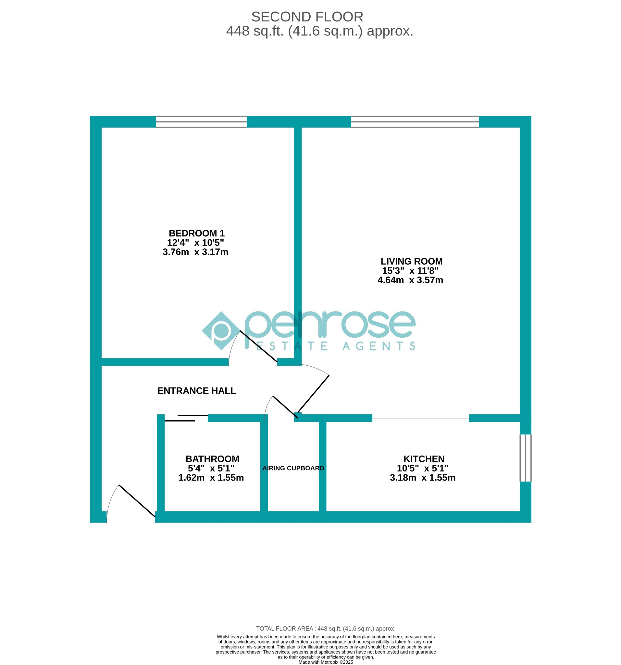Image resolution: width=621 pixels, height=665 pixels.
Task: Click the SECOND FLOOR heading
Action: (307, 17)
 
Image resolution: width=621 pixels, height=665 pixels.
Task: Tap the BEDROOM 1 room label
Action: (196, 233)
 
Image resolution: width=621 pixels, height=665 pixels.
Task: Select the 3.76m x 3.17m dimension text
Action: (195, 252)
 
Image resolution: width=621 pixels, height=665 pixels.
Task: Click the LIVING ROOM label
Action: (411, 261)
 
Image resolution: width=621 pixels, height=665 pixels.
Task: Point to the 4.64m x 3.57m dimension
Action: (410, 280)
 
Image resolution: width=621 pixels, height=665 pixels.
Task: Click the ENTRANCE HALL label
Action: (196, 391)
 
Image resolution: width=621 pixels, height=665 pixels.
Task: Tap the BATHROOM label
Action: (212, 459)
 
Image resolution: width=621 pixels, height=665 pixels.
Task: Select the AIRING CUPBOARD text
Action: (293, 468)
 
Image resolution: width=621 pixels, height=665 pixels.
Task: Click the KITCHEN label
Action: (424, 459)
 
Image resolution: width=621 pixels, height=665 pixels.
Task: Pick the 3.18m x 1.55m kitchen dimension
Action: (422, 478)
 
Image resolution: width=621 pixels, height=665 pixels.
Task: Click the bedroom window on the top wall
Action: (201, 122)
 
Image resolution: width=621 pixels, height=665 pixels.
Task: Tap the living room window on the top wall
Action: (415, 122)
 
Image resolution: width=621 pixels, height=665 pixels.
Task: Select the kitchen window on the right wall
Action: (525, 458)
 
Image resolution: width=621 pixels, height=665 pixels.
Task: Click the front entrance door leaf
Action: (137, 501)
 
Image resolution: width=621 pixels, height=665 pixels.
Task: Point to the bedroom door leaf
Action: (258, 346)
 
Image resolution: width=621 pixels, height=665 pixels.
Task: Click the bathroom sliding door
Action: (186, 418)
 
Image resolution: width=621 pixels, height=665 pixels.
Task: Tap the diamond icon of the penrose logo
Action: (221, 331)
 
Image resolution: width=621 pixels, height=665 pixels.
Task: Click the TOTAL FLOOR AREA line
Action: (325, 629)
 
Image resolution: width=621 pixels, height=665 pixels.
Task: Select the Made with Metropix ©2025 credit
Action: (325, 662)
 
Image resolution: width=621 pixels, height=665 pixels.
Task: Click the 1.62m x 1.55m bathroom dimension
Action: (211, 478)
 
